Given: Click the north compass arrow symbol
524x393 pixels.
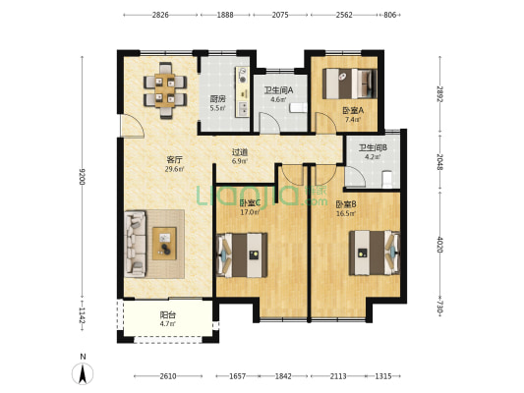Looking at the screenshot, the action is click(83, 373).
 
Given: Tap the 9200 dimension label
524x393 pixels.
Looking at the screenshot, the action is click(83, 177).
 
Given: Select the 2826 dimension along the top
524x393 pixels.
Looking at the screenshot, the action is click(160, 15).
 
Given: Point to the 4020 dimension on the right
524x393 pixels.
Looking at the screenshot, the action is click(439, 245).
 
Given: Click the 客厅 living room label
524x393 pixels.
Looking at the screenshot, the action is click(174, 159).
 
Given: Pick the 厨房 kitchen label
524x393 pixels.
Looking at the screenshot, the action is click(217, 99).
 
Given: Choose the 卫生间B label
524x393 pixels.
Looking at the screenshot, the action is click(373, 147).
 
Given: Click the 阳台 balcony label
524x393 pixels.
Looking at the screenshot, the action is click(168, 314).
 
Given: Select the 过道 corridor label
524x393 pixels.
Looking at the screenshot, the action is click(240, 152).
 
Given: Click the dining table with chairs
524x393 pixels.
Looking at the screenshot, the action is click(165, 90).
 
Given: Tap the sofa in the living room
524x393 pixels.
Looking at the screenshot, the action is click(136, 244).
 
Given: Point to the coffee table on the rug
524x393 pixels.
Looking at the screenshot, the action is click(164, 244).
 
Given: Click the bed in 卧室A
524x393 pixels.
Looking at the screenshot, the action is click(350, 84).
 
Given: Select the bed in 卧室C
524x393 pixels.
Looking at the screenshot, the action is click(242, 255).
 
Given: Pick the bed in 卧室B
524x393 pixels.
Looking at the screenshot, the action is click(375, 253).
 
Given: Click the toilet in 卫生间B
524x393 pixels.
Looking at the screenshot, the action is click(387, 179).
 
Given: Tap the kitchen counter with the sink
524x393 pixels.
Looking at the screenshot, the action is click(242, 91).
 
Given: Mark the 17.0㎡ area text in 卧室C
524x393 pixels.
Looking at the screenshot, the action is click(250, 211).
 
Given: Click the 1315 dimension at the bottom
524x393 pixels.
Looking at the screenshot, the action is click(383, 376).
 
